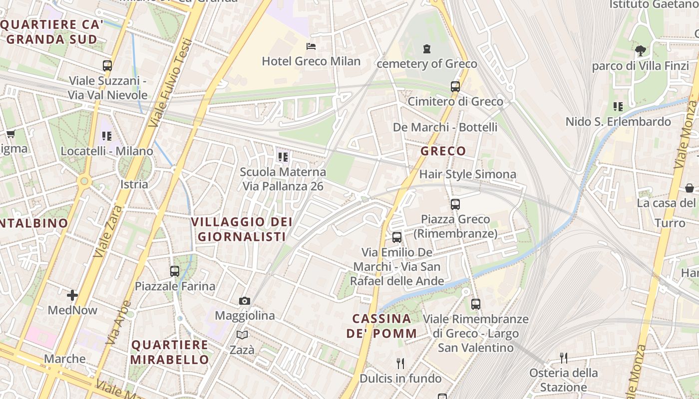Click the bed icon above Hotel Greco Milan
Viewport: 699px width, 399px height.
311,46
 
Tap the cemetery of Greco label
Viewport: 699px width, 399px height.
427,64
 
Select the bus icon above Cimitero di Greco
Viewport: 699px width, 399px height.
455,86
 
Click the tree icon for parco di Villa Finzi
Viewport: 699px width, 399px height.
640,50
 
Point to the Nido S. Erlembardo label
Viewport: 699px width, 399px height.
618,122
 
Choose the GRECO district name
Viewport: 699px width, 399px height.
443,151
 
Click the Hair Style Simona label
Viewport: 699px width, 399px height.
468,174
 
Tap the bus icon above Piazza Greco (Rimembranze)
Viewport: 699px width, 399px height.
455,204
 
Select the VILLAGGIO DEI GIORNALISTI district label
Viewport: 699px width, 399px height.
242,229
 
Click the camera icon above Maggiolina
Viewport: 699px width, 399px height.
244,301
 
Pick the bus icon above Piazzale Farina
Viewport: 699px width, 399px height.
175,271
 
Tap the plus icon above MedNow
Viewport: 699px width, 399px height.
72,295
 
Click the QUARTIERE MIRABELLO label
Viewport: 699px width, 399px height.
170,352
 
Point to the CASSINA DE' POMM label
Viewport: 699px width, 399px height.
382,326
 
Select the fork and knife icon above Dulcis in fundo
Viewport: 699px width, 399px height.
400,363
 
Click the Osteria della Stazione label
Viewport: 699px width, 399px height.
564,380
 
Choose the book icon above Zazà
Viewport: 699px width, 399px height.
242,335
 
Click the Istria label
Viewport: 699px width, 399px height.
134,184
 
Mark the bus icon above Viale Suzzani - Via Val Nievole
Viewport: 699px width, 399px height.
107,65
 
